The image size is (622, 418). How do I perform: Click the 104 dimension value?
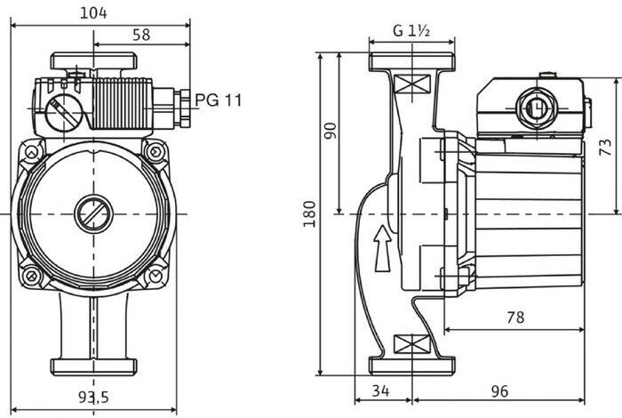93,13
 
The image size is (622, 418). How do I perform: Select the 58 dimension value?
141,35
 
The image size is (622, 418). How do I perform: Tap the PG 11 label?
219,100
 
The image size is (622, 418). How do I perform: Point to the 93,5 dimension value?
93,397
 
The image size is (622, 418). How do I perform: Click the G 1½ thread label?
411,30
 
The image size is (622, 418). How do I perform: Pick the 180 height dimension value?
309,214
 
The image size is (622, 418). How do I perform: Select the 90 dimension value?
330,131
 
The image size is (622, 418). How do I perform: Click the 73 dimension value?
605,147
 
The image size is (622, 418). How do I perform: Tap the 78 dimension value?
515,318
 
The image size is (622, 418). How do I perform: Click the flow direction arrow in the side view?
382,249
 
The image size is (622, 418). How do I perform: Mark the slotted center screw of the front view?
93,214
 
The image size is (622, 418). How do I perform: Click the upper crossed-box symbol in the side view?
412,84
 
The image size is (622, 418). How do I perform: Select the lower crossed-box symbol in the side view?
412,344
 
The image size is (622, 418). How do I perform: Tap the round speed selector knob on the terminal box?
63,113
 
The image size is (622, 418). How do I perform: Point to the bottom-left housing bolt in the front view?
31,275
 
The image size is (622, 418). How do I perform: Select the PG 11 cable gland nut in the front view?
184,108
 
